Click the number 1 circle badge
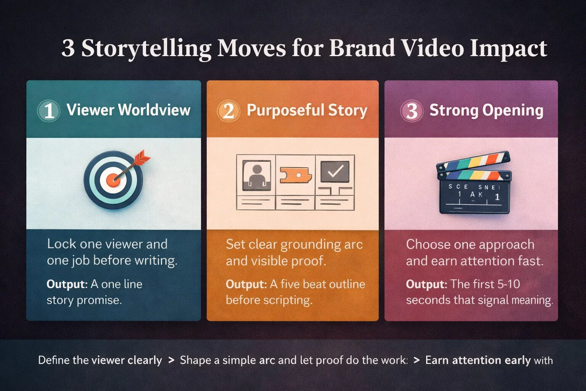pyautogui.click(x=48, y=111)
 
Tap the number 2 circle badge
pyautogui.click(x=228, y=111)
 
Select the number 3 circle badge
pyautogui.click(x=411, y=111)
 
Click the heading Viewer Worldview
pyautogui.click(x=129, y=110)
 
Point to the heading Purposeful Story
pyautogui.click(x=307, y=110)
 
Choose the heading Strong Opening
pyautogui.click(x=486, y=110)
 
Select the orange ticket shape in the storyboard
pyautogui.click(x=296, y=175)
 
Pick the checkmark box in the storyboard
pyautogui.click(x=335, y=171)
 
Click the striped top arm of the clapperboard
pyautogui.click(x=473, y=162)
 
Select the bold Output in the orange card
pyautogui.click(x=246, y=284)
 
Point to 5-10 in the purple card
pyautogui.click(x=509, y=284)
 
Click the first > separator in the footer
pyautogui.click(x=171, y=360)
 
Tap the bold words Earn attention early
pyautogui.click(x=478, y=360)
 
